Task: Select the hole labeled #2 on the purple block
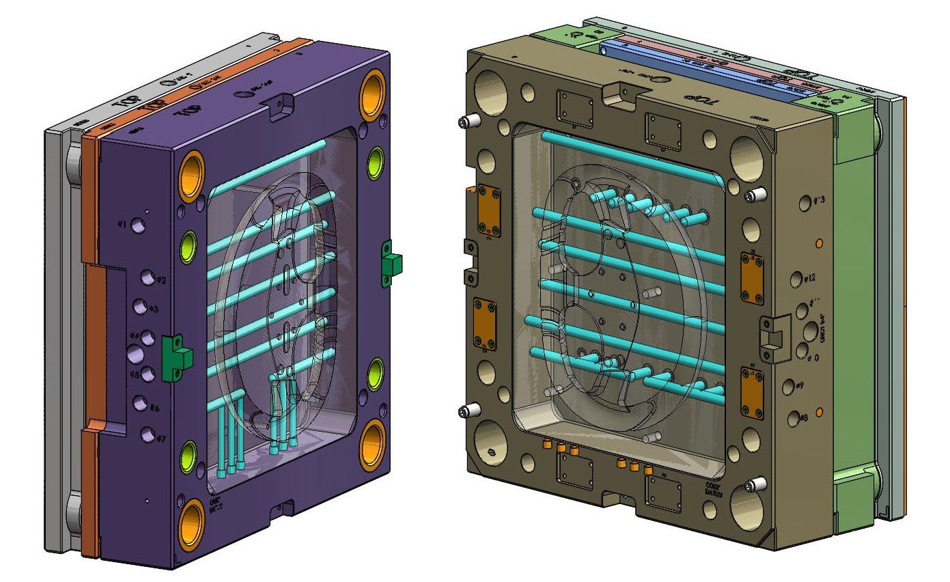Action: [x=148, y=277]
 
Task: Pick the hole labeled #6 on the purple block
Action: [x=141, y=404]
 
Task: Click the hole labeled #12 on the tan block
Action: [x=796, y=279]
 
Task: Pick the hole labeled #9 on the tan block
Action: [x=787, y=387]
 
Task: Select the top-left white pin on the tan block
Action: [x=466, y=122]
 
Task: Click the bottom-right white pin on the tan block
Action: [x=753, y=485]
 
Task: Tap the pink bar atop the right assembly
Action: [x=724, y=71]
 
